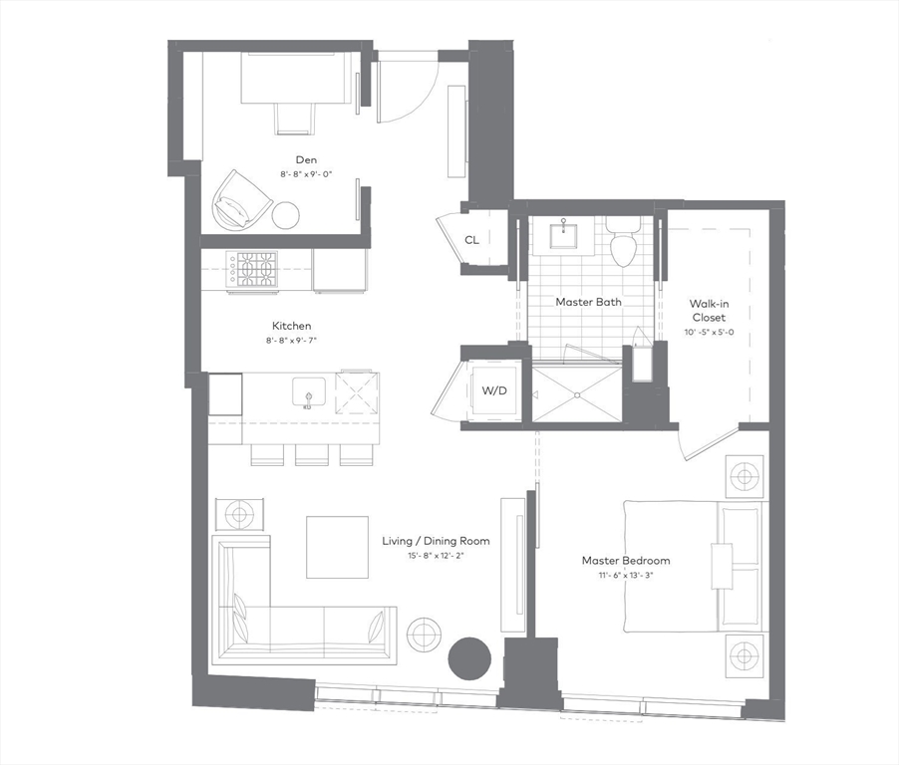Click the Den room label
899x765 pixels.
click(306, 159)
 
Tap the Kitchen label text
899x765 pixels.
click(292, 326)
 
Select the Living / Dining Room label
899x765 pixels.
click(436, 541)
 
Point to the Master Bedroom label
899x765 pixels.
click(625, 561)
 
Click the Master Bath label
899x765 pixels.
click(588, 302)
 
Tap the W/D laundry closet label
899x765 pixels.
click(494, 389)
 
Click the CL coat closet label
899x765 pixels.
click(471, 240)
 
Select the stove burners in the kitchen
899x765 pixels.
click(256, 269)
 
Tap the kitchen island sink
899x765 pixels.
click(307, 390)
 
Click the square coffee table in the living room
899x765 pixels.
click(336, 547)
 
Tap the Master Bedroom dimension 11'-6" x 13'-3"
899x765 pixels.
click(625, 575)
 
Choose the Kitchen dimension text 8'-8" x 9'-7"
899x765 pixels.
click(292, 340)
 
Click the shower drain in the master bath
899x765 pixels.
click(576, 394)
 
